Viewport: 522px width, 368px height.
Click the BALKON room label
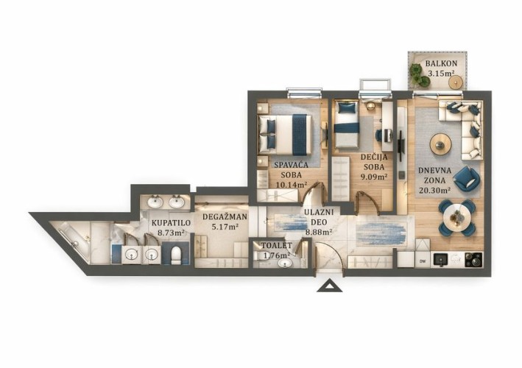click(441, 63)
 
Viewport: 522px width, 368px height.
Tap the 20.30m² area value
click(434, 191)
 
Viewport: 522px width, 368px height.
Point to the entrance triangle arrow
click(329, 286)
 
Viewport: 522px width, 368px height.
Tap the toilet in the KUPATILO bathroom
click(175, 255)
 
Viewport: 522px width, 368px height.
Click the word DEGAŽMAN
click(225, 217)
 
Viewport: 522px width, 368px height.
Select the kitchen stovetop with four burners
click(473, 260)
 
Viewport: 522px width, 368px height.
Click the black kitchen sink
click(441, 260)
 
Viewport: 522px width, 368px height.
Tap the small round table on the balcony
click(455, 82)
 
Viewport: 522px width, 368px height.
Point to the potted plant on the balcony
click(417, 74)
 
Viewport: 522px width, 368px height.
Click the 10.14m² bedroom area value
click(292, 185)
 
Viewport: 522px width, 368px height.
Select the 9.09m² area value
click(374, 177)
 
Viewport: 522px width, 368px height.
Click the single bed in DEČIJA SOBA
click(346, 125)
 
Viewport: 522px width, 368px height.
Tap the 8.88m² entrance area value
click(319, 233)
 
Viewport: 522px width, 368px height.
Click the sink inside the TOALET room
click(285, 263)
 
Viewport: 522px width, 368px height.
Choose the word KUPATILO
click(171, 223)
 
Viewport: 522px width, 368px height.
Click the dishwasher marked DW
click(423, 260)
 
